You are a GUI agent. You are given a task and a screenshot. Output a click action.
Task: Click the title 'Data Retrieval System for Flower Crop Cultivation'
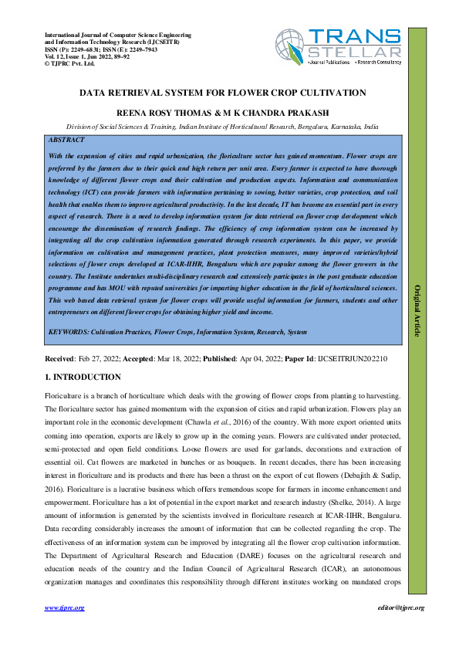[x=222, y=93]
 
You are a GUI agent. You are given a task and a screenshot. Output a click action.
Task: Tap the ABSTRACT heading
[x=66, y=141]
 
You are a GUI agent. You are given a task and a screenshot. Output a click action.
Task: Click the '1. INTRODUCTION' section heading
[x=83, y=377]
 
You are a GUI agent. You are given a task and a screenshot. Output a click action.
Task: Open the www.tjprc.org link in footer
[x=64, y=608]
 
